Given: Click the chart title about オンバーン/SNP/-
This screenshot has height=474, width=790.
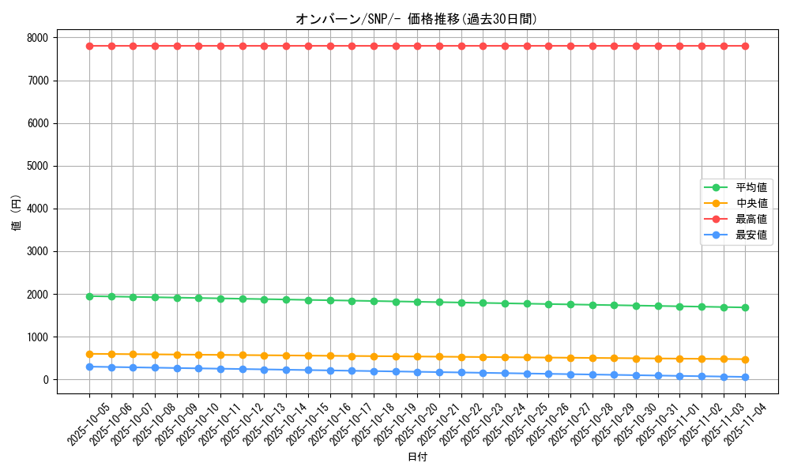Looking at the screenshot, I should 416,20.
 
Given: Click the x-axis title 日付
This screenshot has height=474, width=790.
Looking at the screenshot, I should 416,457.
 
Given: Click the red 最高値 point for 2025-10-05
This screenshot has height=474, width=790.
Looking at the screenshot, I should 89,46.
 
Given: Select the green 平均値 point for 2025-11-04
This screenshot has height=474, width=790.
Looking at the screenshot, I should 745,307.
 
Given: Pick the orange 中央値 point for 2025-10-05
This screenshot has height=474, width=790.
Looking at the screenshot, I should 89,354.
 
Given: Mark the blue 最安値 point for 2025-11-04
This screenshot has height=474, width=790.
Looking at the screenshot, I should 745,377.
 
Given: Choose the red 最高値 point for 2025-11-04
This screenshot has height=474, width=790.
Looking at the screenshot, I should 745,46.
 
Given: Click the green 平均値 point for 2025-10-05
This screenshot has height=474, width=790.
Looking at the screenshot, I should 89,296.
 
